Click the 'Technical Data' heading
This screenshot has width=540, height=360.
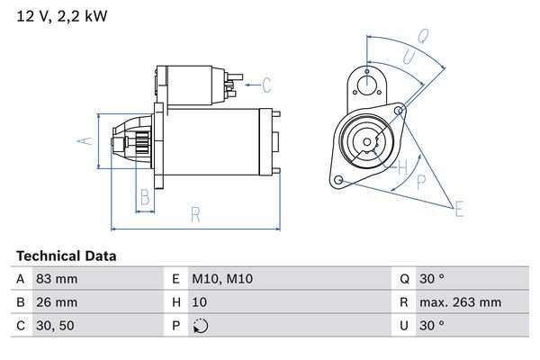tap(66, 256)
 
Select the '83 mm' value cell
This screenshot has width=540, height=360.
tap(56, 280)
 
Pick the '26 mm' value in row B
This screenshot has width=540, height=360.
tap(56, 303)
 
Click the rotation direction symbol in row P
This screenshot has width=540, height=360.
tap(200, 327)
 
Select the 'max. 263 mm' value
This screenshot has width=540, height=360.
tap(462, 303)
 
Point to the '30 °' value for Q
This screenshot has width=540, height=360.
tap(435, 280)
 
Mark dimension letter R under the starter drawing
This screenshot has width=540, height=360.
tap(195, 214)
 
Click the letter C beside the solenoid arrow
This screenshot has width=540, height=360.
tap(266, 86)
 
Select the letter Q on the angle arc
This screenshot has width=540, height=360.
tap(422, 36)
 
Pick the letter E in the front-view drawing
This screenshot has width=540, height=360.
tap(460, 211)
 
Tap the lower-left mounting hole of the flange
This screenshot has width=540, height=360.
tap(338, 180)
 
